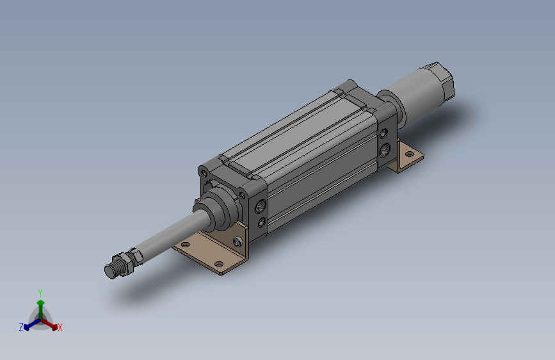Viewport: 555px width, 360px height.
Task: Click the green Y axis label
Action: coord(40,293)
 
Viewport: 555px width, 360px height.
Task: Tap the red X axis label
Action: coord(60,327)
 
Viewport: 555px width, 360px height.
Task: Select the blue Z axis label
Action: coord(21,327)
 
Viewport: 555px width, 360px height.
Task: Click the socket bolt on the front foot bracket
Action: coord(238,241)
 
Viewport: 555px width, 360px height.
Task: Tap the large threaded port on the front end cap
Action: coord(261,206)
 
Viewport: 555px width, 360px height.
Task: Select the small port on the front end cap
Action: coord(262,222)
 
